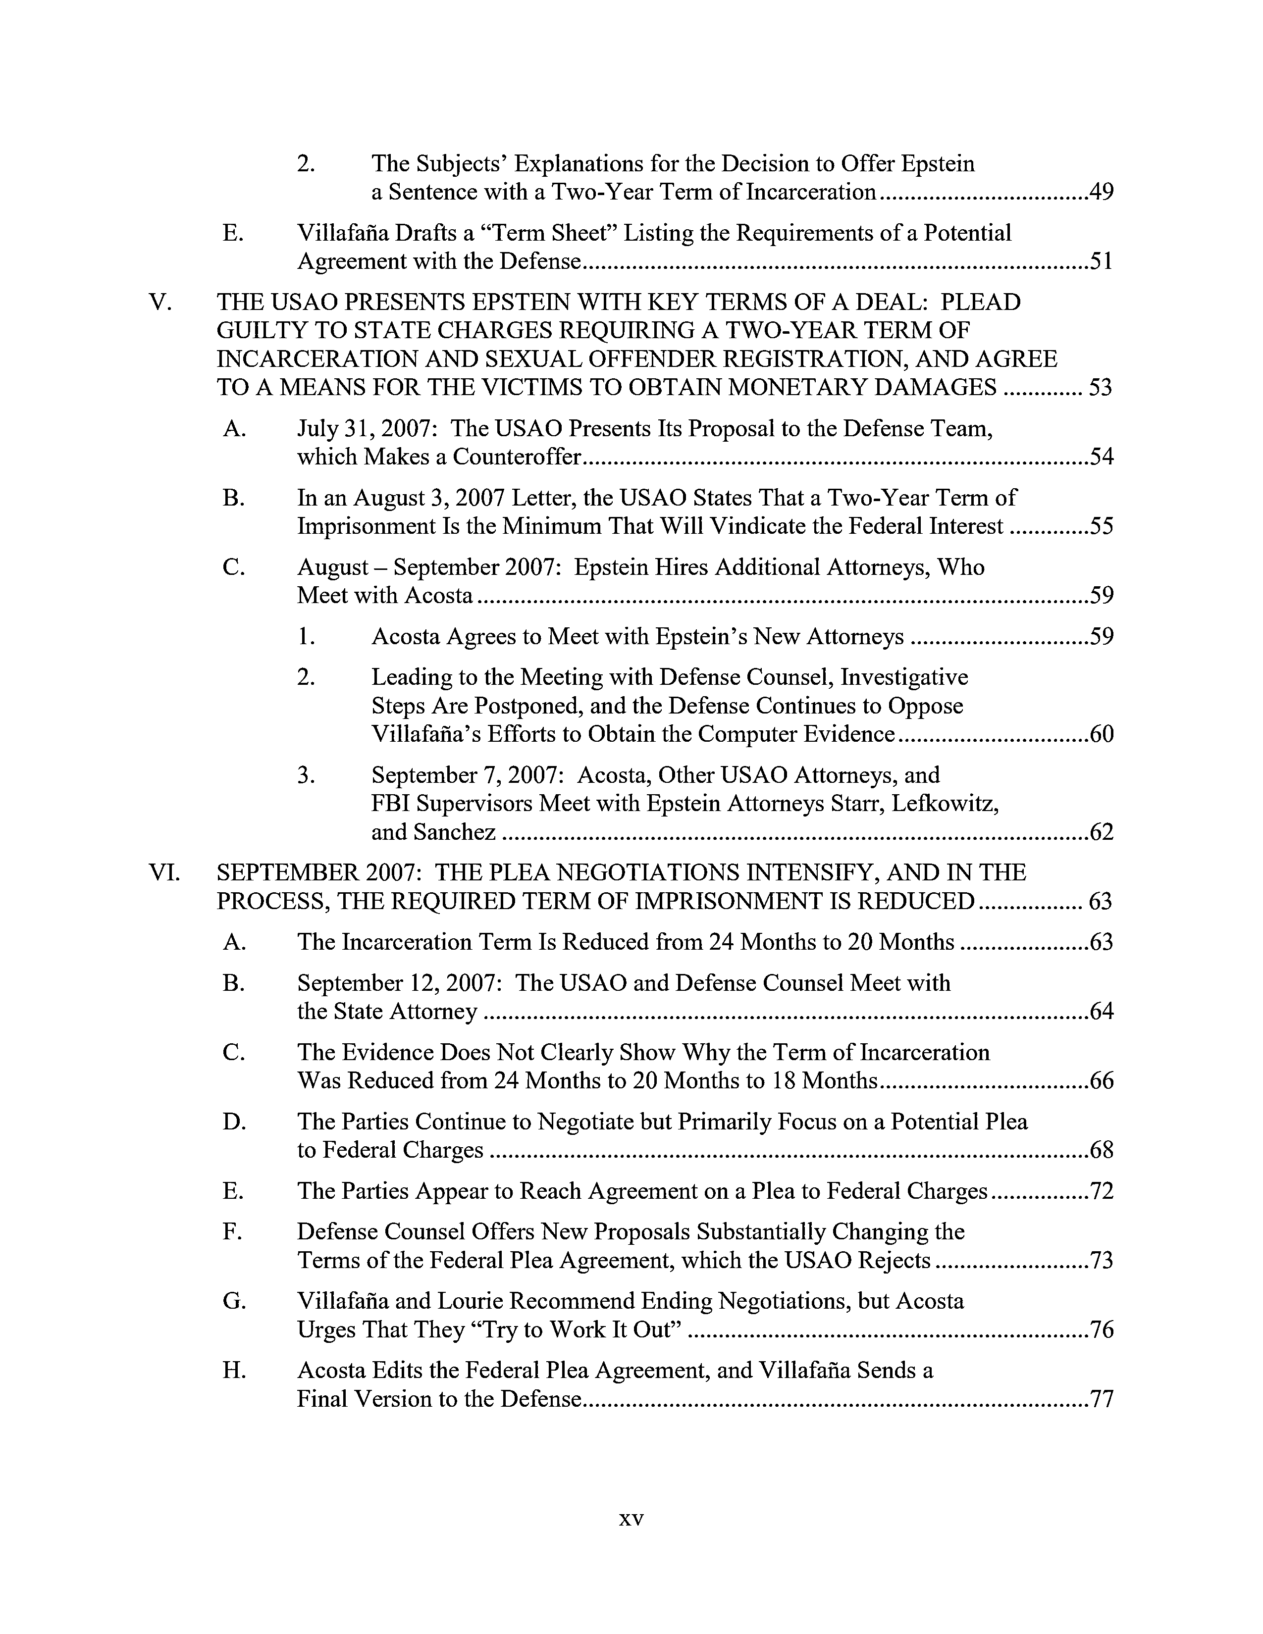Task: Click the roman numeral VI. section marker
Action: point(164,872)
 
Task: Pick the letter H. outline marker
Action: point(234,1370)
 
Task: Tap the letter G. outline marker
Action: point(234,1301)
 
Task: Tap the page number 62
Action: point(1102,832)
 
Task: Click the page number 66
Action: point(1102,1080)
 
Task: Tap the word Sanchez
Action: point(458,832)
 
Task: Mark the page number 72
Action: point(1102,1190)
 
